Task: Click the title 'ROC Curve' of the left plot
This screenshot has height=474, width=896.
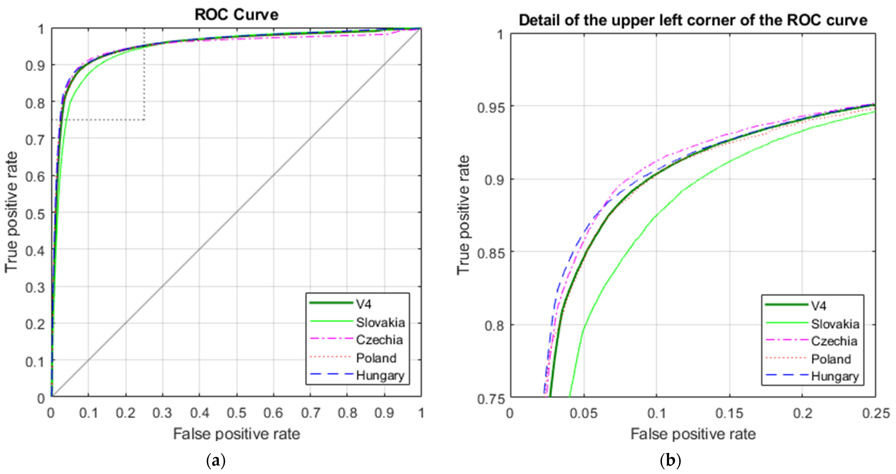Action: (237, 15)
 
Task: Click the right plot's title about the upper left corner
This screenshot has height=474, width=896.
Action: (693, 20)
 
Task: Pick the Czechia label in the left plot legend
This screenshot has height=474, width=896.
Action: (379, 340)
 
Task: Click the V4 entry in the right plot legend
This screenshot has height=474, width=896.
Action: (818, 306)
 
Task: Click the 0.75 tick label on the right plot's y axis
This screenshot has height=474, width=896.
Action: (490, 399)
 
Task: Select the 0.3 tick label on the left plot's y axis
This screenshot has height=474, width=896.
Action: (35, 288)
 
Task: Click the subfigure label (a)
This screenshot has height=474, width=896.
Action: (216, 461)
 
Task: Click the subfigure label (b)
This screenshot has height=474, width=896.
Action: (670, 461)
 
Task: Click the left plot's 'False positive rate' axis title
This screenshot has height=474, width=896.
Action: (237, 434)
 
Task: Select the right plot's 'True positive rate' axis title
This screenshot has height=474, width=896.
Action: (463, 215)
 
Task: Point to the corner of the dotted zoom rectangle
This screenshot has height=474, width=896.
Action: (144, 120)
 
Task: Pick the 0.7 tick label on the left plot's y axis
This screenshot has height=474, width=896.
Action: (35, 140)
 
